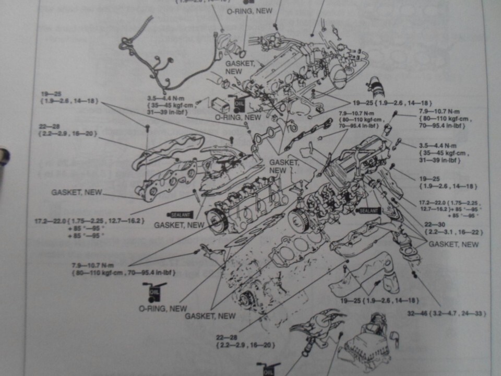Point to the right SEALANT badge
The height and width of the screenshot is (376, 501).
[368, 209]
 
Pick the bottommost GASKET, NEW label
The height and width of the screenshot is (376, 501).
[210, 316]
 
